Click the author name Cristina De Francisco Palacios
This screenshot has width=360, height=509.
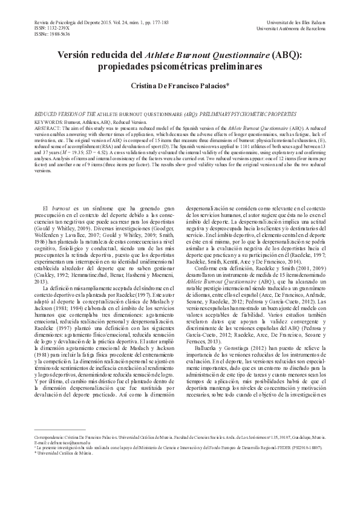click(x=180, y=87)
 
